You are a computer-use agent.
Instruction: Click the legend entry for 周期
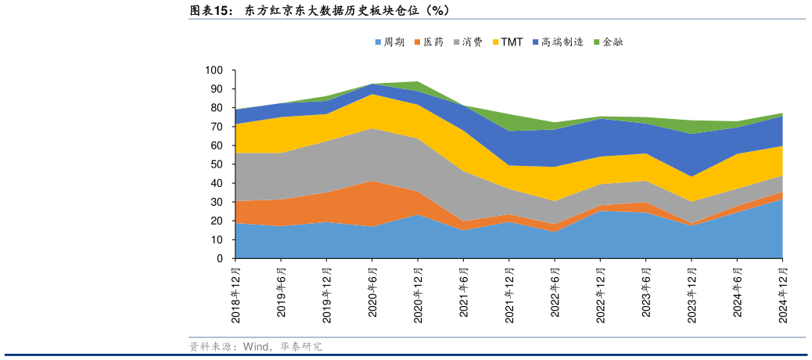(x=390, y=42)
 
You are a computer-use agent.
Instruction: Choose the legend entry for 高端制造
(x=558, y=42)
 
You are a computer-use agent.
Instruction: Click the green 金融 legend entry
(x=608, y=42)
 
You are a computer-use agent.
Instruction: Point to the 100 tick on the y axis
(x=215, y=70)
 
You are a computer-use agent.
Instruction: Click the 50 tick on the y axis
(x=217, y=164)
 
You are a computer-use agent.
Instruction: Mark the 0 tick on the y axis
(x=221, y=258)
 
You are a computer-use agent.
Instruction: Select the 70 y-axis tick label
(x=217, y=127)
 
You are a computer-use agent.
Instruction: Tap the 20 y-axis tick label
(x=217, y=221)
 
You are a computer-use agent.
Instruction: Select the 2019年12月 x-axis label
(x=327, y=295)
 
